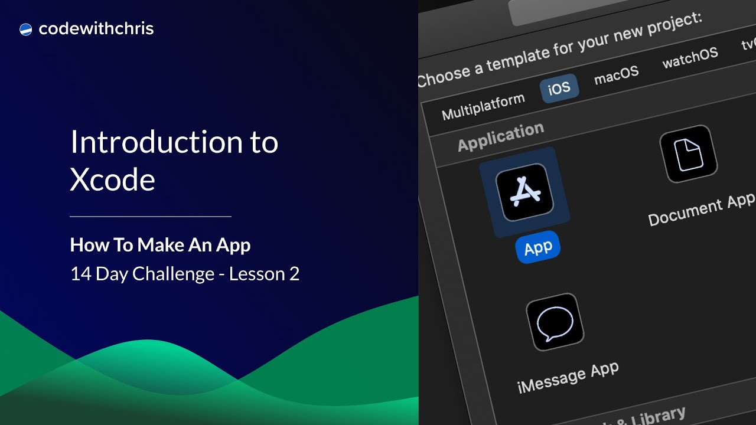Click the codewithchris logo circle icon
[25, 29]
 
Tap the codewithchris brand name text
[96, 29]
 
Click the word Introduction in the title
[149, 142]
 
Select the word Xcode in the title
[112, 179]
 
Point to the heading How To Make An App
[160, 245]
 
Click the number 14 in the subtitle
[79, 274]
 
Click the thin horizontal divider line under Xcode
[150, 217]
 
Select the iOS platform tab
[559, 89]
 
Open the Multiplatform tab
[483, 107]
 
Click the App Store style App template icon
[524, 192]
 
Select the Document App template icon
[688, 153]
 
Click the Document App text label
[701, 210]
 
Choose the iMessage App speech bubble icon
[555, 322]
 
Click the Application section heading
[500, 137]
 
